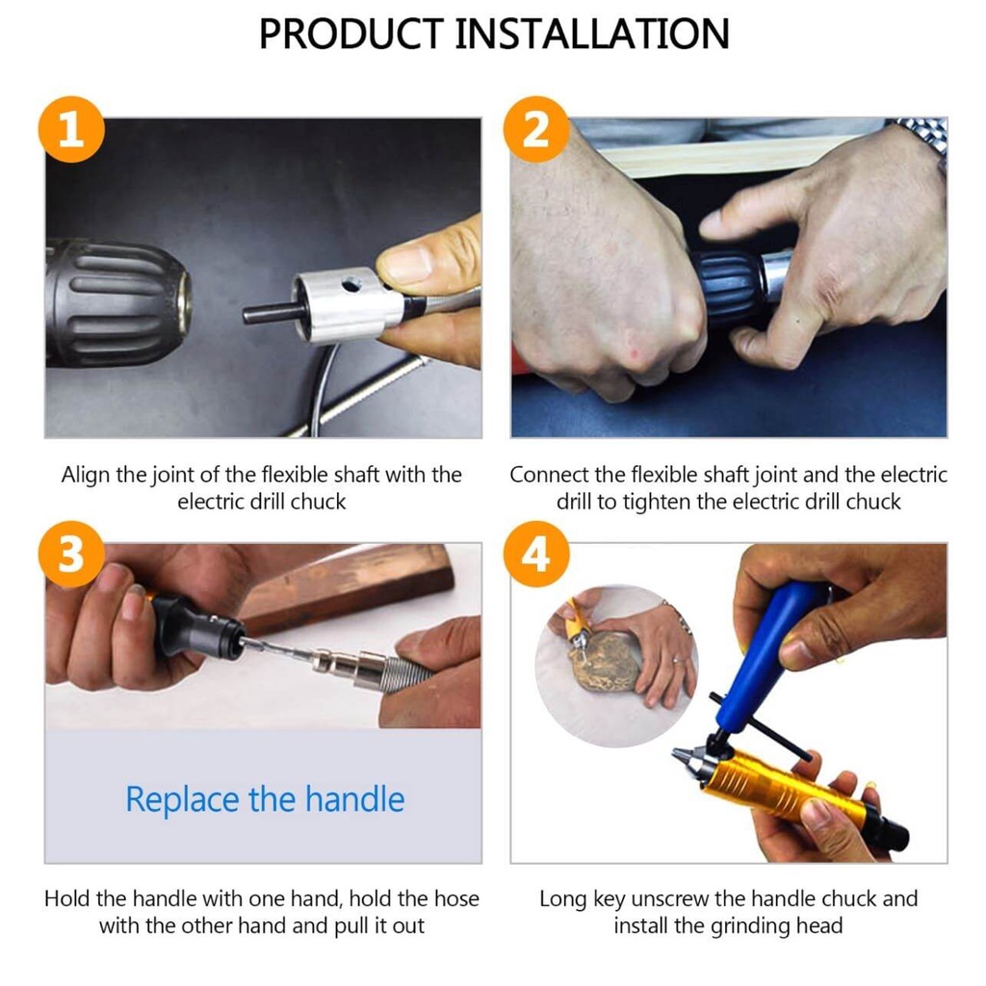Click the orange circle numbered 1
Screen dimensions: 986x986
click(x=71, y=130)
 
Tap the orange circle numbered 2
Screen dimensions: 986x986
click(x=536, y=130)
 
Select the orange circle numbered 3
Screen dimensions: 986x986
click(x=71, y=554)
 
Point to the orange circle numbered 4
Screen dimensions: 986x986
click(x=536, y=554)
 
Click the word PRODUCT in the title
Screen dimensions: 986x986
click(x=351, y=34)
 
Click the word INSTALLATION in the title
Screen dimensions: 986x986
click(x=592, y=34)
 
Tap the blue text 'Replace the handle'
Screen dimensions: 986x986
click(x=265, y=799)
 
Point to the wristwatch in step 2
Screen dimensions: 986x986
click(x=925, y=139)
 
